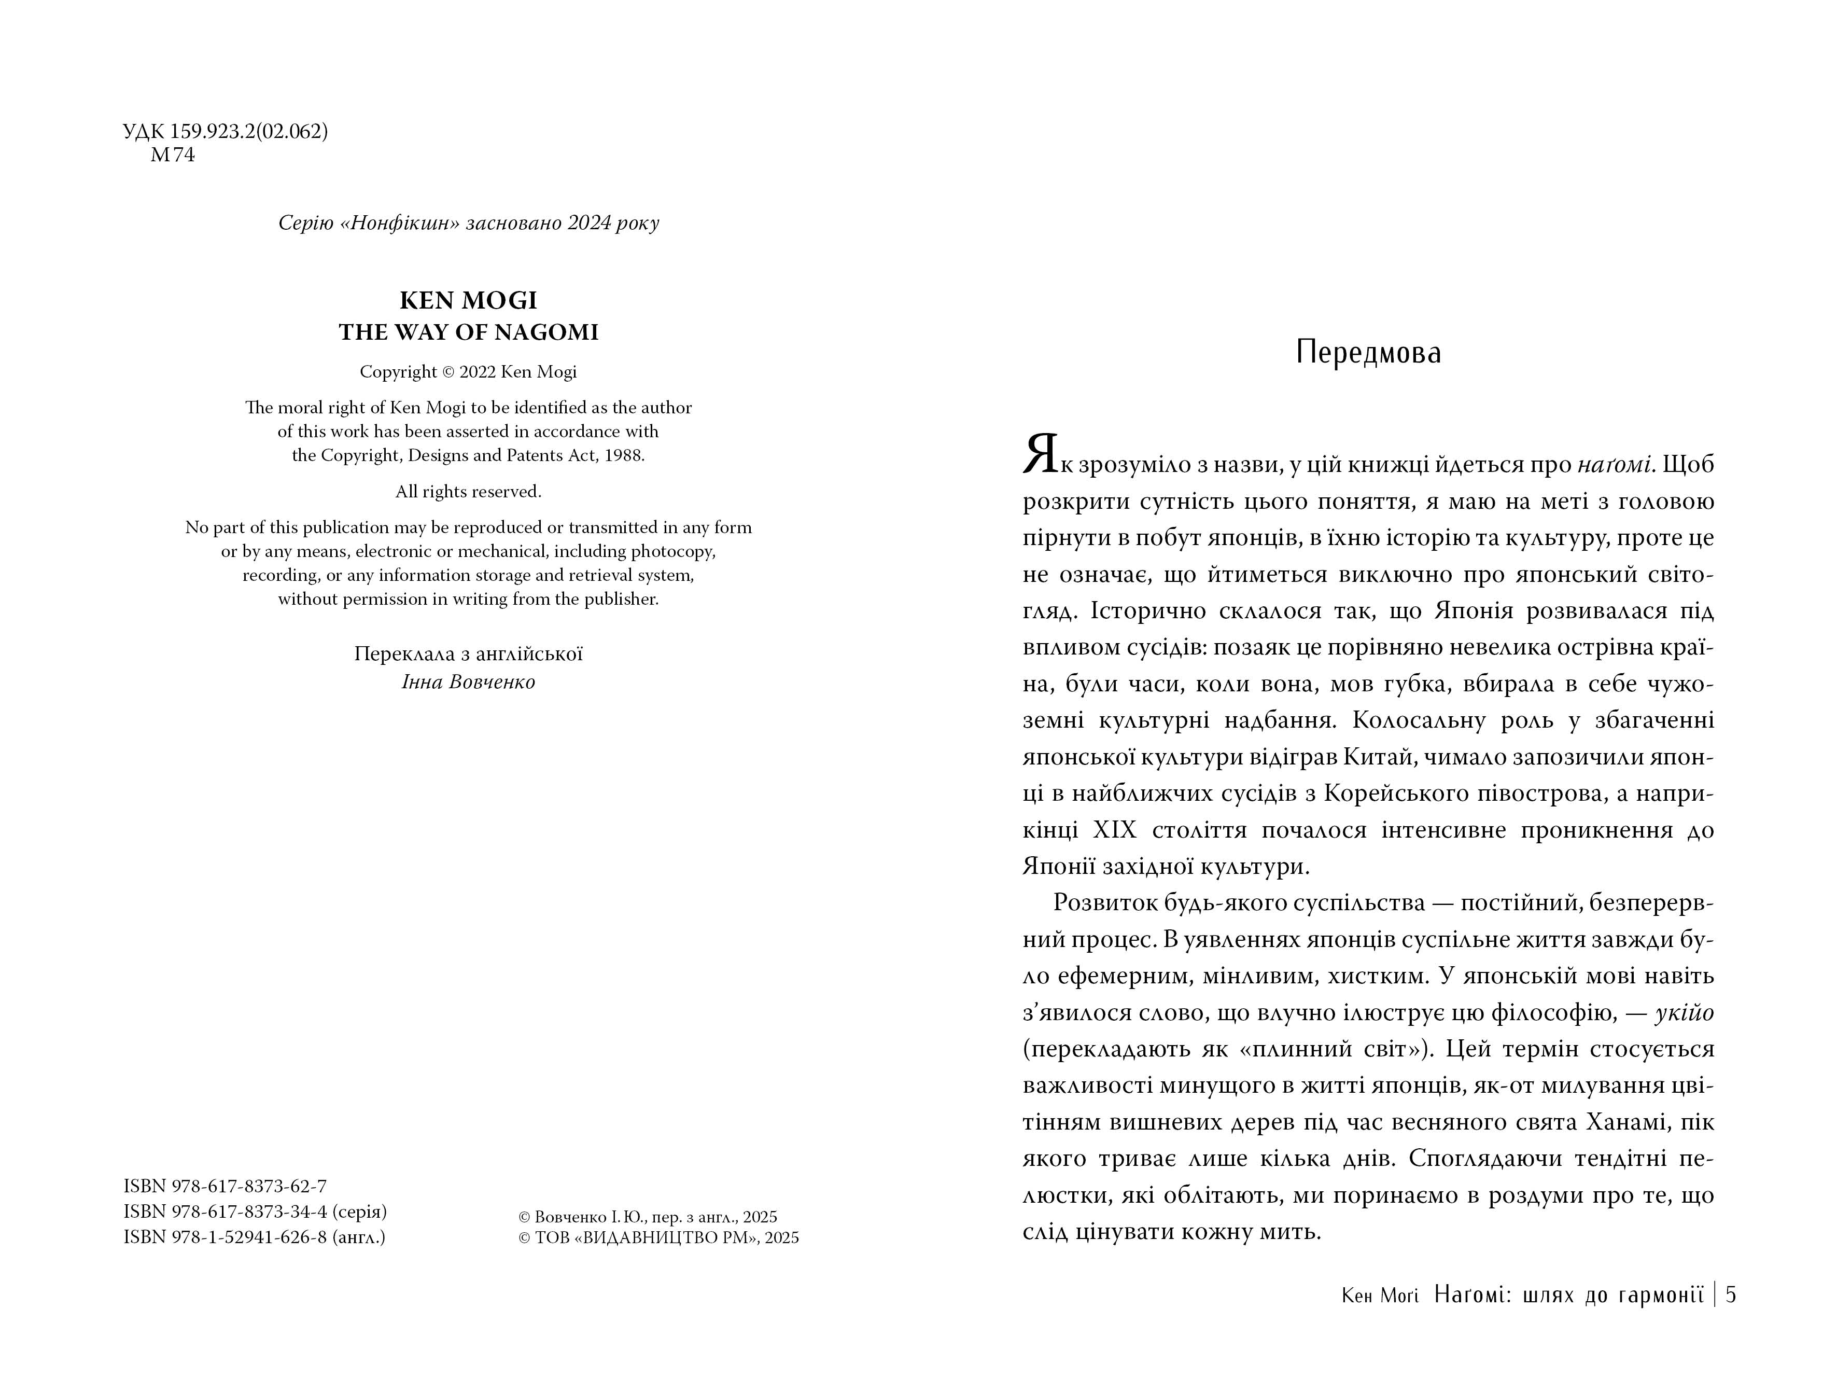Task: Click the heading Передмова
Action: (x=1368, y=353)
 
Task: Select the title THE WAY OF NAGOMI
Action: (x=468, y=332)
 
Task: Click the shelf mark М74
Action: (x=172, y=155)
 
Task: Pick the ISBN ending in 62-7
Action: (x=225, y=1186)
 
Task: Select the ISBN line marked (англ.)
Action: (x=254, y=1237)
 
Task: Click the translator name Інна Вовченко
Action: (x=468, y=682)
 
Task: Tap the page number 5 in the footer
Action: (x=1731, y=1295)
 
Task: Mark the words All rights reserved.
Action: (x=468, y=492)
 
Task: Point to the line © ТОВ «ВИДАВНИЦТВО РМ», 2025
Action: (x=658, y=1237)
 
